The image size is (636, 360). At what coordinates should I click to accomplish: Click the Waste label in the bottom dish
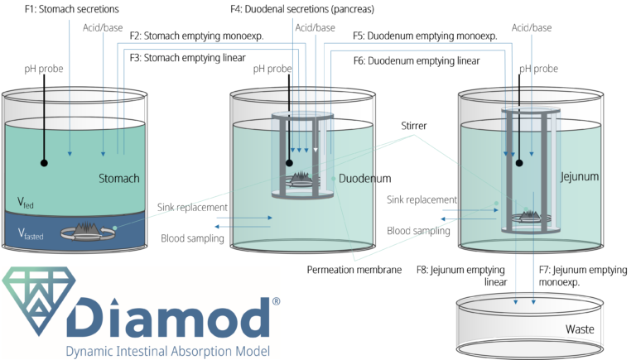[x=579, y=329]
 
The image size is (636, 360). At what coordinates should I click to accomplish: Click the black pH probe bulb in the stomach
[x=42, y=163]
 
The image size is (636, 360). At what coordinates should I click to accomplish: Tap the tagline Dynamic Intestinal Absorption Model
[x=168, y=351]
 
